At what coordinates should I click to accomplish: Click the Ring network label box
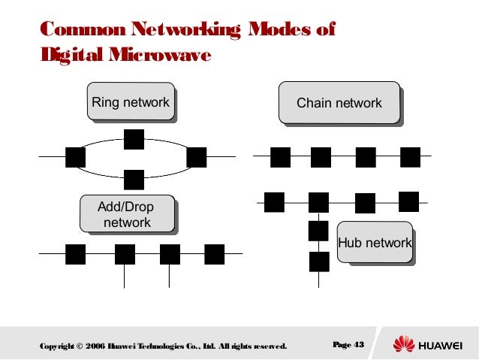(131, 102)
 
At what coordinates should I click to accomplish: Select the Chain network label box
(339, 104)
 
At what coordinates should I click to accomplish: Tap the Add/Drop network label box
(127, 215)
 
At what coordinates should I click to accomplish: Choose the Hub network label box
(375, 243)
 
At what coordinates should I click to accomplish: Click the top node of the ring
(134, 139)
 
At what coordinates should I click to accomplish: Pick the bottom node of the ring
(134, 179)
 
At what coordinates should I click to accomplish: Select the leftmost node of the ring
(75, 157)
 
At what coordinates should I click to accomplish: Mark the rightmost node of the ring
(196, 157)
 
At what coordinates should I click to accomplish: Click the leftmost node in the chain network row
(280, 157)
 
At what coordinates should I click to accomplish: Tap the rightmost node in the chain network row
(411, 157)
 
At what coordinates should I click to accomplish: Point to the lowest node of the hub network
(319, 262)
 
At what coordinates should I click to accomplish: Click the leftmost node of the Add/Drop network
(75, 254)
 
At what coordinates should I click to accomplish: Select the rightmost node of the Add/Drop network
(215, 254)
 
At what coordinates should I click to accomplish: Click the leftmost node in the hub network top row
(274, 201)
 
